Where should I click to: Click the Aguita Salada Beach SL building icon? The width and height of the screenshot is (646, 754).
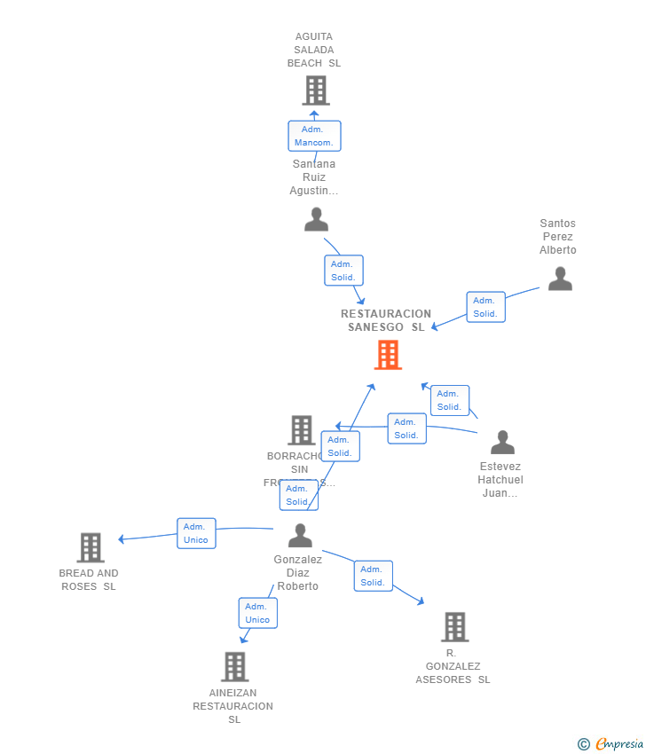pyautogui.click(x=315, y=90)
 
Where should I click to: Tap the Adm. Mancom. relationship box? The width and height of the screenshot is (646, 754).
pyautogui.click(x=314, y=136)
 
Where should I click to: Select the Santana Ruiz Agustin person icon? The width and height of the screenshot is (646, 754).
pyautogui.click(x=316, y=219)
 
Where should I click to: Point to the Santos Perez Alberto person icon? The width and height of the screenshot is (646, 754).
pyautogui.click(x=560, y=279)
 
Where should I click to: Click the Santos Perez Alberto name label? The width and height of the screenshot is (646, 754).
pyautogui.click(x=557, y=237)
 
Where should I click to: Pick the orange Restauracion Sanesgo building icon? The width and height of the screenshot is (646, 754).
pyautogui.click(x=388, y=355)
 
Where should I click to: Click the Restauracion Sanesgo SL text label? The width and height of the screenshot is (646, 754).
pyautogui.click(x=386, y=320)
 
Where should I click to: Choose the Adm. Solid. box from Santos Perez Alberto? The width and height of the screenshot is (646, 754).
pyautogui.click(x=485, y=307)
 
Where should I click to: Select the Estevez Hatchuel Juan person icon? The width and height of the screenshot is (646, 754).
pyautogui.click(x=502, y=442)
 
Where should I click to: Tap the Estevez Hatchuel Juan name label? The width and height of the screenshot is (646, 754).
pyautogui.click(x=500, y=480)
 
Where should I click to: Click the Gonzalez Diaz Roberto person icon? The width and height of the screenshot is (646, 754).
pyautogui.click(x=300, y=536)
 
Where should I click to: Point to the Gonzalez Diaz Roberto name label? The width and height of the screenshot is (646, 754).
pyautogui.click(x=298, y=573)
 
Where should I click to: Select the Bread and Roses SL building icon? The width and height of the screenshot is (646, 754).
pyautogui.click(x=91, y=548)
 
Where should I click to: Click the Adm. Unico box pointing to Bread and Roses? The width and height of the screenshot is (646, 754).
pyautogui.click(x=196, y=533)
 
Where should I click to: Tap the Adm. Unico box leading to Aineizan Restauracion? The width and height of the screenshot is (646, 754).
pyautogui.click(x=257, y=613)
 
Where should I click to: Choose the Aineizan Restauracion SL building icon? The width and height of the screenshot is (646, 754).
pyautogui.click(x=234, y=667)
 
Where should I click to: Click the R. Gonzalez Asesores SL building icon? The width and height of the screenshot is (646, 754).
pyautogui.click(x=454, y=627)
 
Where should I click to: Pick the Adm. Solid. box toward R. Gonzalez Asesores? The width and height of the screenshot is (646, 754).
pyautogui.click(x=373, y=576)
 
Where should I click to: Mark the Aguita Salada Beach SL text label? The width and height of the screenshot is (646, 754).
pyautogui.click(x=314, y=50)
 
